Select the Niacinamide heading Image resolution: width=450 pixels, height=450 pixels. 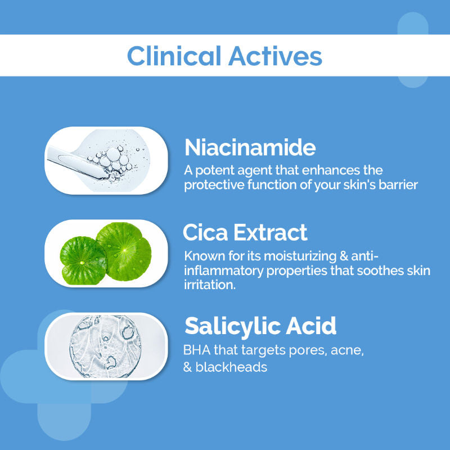click(250, 147)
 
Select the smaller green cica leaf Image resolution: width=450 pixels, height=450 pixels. click(82, 261)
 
